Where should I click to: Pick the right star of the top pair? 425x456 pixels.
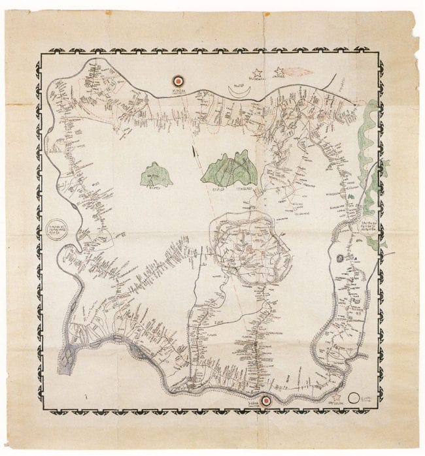tap(280, 70)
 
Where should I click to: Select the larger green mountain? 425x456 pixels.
tap(229, 169)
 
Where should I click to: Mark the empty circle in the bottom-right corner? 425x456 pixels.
tap(354, 397)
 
